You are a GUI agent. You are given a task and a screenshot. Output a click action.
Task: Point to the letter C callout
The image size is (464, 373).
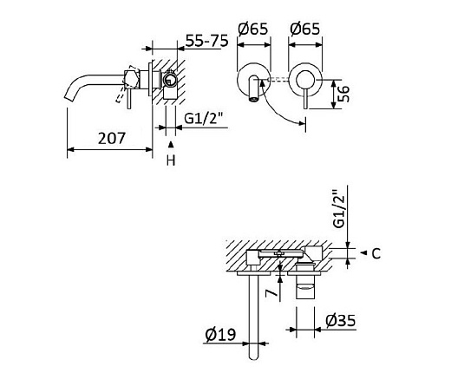pos(376,253)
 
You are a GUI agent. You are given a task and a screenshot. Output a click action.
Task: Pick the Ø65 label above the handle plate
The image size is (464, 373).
pos(304,29)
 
